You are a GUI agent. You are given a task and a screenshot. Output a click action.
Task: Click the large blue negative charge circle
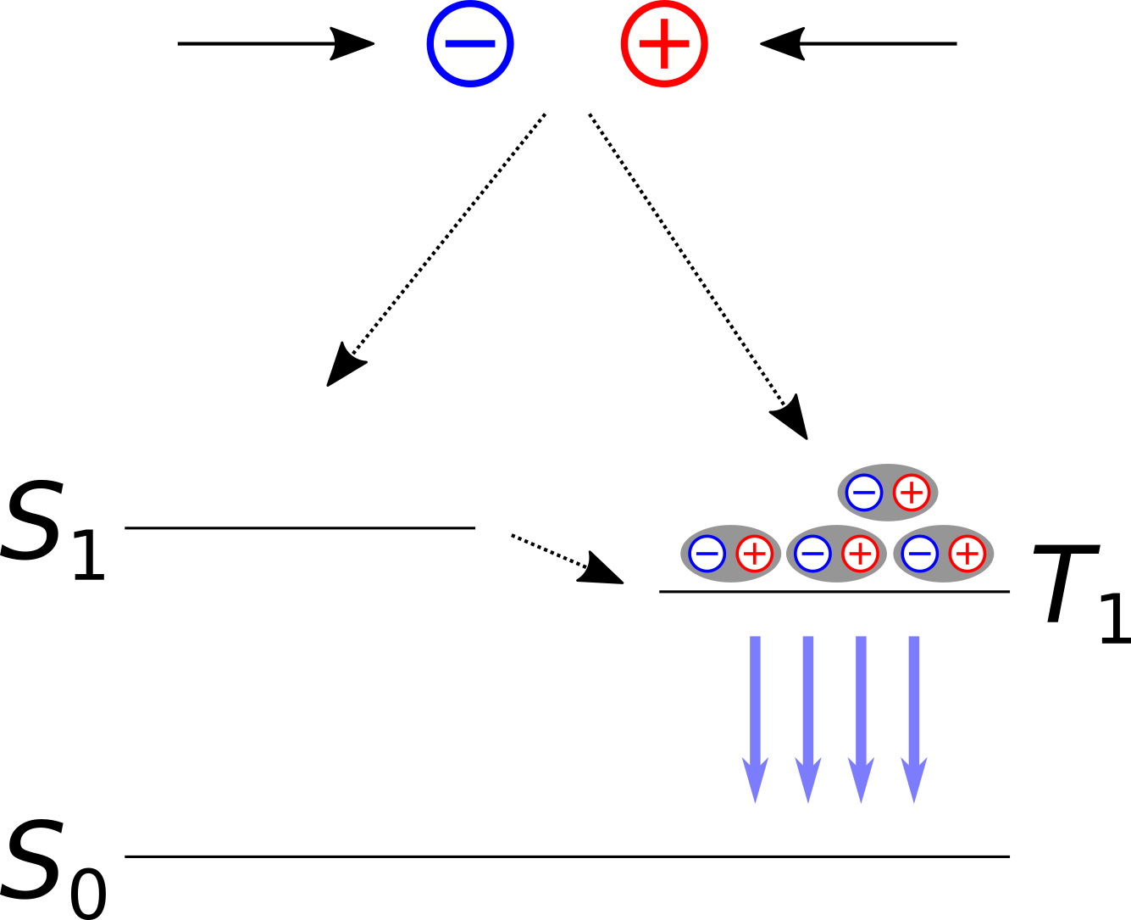point(470,44)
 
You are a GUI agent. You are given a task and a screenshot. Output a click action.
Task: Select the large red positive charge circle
point(664,44)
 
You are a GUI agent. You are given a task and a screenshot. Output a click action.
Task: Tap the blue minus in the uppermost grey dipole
point(864,493)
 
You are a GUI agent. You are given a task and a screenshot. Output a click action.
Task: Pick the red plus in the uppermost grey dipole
point(912,493)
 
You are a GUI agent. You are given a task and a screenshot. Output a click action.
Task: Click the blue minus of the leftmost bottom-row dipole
point(707,555)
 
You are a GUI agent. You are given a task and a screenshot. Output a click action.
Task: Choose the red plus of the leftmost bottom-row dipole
point(754,555)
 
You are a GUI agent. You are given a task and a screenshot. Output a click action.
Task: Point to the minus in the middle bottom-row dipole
point(812,555)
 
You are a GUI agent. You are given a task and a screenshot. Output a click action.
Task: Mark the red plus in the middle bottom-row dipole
point(860,555)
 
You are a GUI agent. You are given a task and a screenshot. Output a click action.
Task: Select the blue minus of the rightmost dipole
point(919,555)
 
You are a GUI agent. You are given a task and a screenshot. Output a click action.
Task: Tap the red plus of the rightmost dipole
point(967,555)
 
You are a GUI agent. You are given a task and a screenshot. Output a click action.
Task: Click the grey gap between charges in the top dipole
point(888,493)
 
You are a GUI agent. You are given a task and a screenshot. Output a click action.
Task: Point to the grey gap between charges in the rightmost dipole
point(943,555)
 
